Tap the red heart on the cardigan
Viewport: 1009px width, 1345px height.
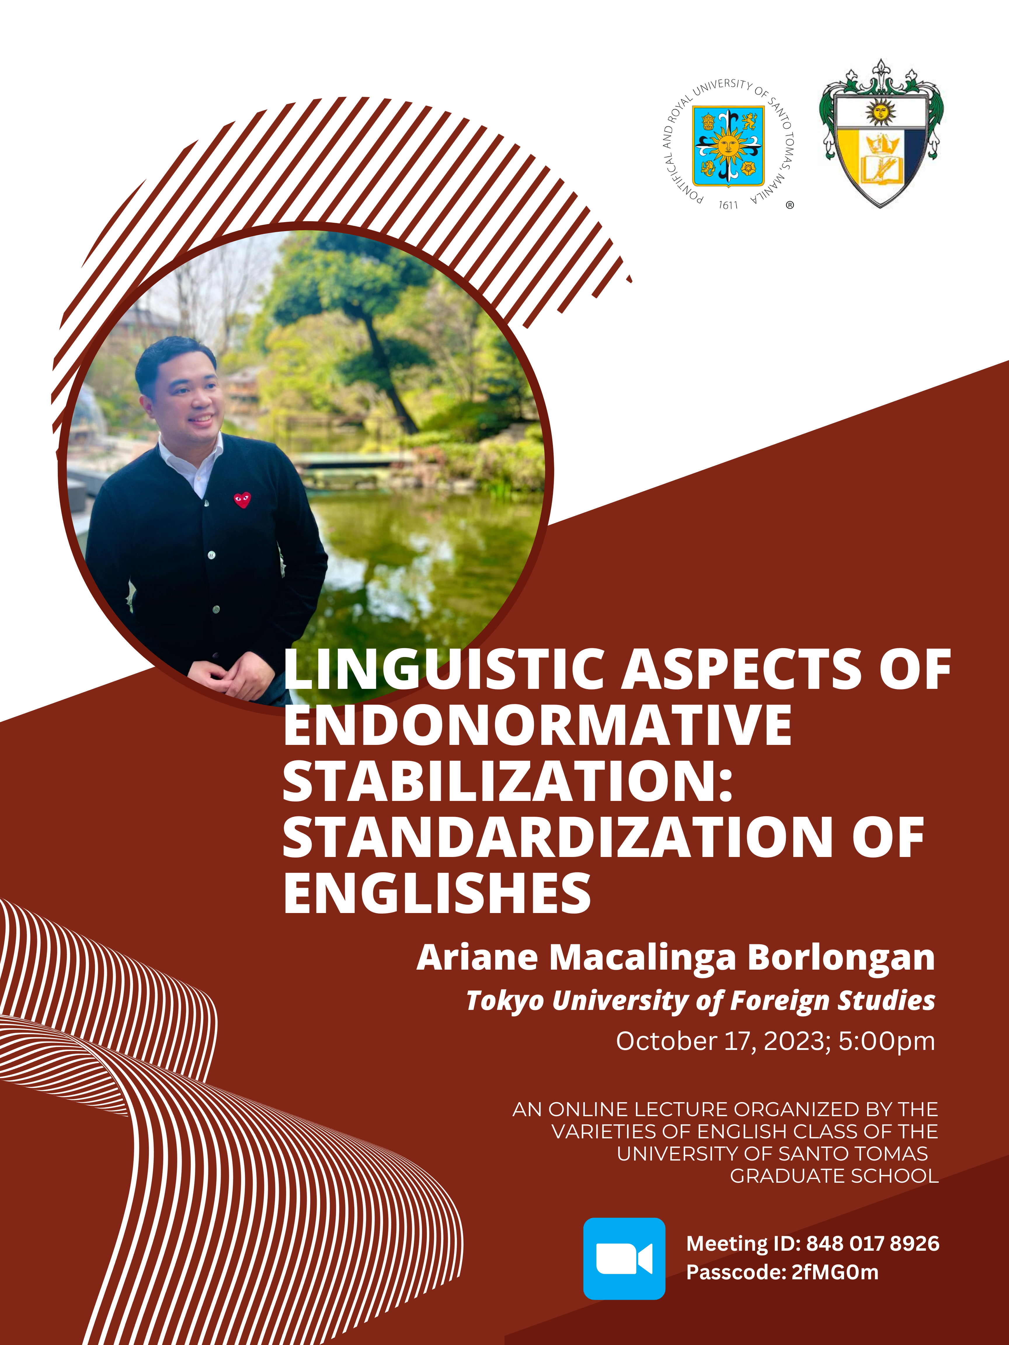point(242,500)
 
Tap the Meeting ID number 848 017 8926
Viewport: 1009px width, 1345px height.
point(873,1243)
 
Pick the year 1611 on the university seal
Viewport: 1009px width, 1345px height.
point(728,205)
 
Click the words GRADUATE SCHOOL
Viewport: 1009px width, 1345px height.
point(834,1176)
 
